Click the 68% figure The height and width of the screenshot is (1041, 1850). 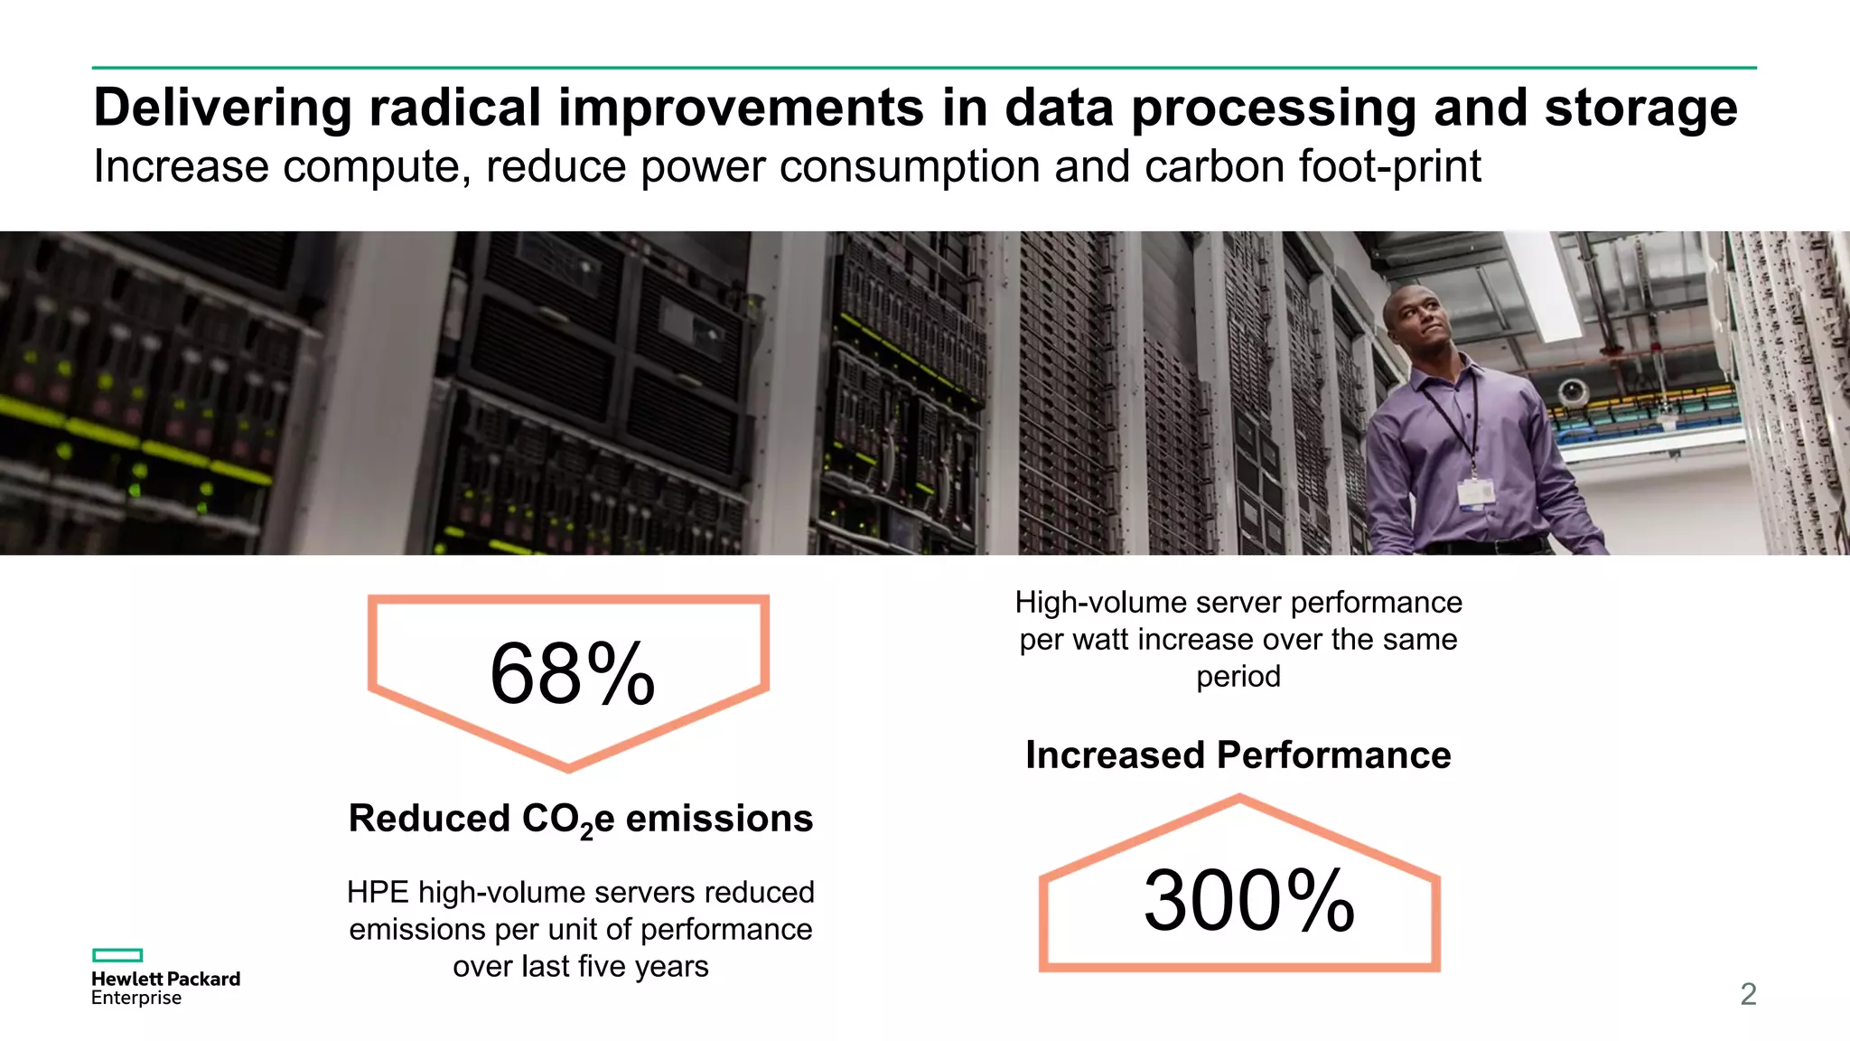tap(572, 674)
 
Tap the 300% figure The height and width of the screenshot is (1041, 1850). tap(1248, 901)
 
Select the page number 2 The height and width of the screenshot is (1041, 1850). tap(1748, 994)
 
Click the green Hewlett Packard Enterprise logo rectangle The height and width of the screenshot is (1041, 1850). tap(117, 955)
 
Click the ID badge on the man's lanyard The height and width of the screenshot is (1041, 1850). tap(1475, 492)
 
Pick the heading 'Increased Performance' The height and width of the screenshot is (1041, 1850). tap(1238, 755)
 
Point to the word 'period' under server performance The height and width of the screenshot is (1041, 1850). tap(1238, 677)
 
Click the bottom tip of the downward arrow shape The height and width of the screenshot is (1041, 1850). tap(568, 768)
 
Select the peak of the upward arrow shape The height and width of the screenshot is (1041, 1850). tap(1239, 798)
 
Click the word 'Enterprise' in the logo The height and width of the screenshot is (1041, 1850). tap(136, 999)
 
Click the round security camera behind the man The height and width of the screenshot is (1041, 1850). tap(1573, 391)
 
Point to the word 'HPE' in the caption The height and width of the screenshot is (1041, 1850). tap(378, 893)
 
